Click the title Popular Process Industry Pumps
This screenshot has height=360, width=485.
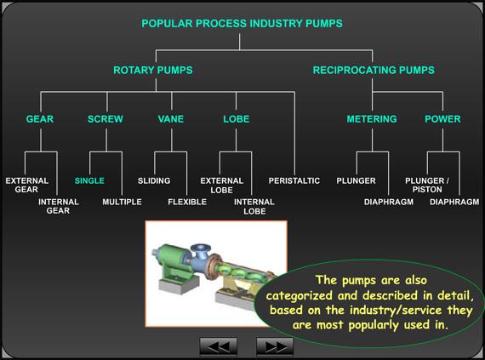[241, 24]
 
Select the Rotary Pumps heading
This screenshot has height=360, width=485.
[153, 70]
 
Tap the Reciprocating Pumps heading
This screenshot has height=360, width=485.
[374, 70]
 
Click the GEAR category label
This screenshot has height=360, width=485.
[40, 119]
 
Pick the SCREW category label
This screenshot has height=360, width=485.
[106, 119]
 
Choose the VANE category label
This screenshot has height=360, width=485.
[170, 119]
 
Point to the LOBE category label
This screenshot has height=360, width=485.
[236, 119]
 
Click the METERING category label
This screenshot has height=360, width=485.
[371, 119]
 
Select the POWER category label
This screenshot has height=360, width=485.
[442, 119]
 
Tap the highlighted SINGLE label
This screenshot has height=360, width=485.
[89, 181]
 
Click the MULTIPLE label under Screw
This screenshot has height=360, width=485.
[122, 202]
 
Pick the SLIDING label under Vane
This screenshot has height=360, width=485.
[154, 181]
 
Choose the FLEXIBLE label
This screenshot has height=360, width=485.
[187, 202]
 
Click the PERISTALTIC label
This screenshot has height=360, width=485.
[294, 181]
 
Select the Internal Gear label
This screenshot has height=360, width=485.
[58, 206]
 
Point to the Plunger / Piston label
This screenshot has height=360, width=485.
[426, 186]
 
